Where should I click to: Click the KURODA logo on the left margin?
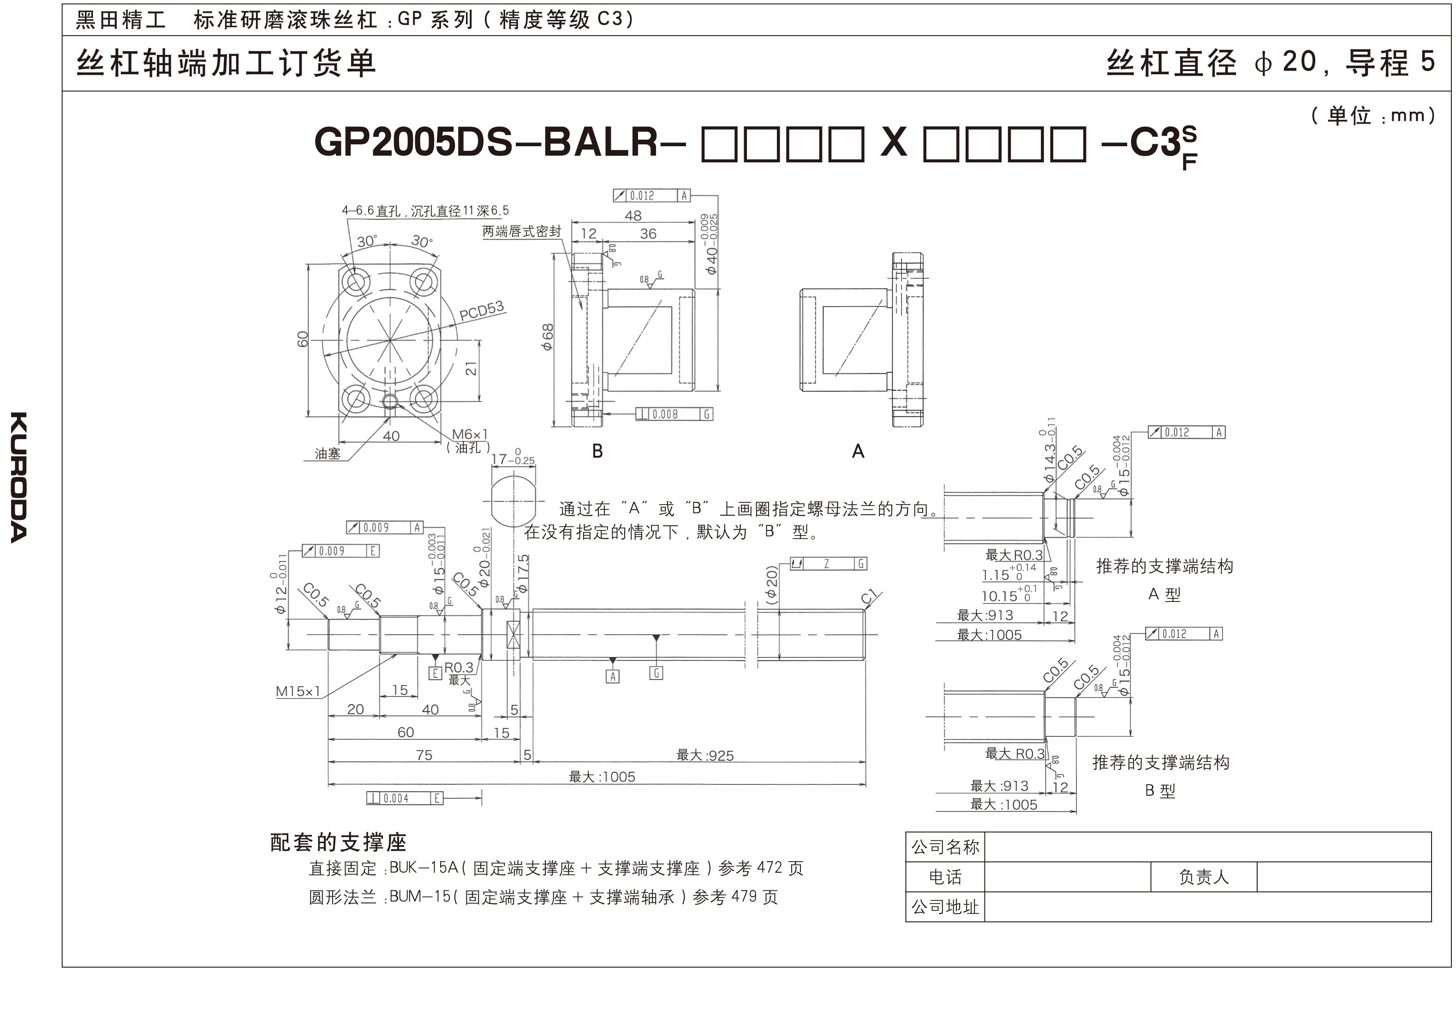pos(19,477)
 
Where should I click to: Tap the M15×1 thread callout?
pos(298,691)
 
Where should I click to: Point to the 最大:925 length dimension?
pos(705,755)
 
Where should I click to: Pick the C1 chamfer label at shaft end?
pos(869,596)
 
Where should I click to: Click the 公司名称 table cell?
pos(945,847)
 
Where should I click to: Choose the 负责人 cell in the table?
pos(1203,877)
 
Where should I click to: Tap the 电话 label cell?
pos(945,877)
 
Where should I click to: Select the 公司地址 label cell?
pos(945,906)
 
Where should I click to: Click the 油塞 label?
pos(328,453)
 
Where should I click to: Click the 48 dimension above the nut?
pos(633,215)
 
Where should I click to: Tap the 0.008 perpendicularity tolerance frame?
pos(674,414)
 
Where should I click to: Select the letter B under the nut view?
pos(597,451)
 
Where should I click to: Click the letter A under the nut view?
pos(858,451)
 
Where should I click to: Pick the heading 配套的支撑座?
pos(338,842)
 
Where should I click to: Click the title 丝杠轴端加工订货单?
pos(226,63)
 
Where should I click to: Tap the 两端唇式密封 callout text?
pos(521,232)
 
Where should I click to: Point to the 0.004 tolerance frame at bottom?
pos(405,798)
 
